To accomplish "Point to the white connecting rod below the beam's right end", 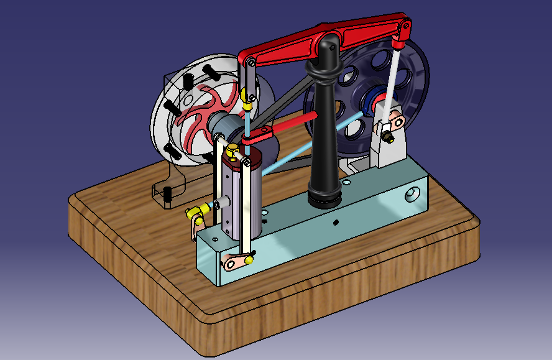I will coord(394,81).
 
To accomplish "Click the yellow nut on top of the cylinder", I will coord(231,149).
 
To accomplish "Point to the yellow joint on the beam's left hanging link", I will coord(247,96).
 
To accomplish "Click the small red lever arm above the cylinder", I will coord(258,134).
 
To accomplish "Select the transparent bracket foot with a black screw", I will coord(168,193).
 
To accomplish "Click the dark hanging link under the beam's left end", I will coord(249,78).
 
